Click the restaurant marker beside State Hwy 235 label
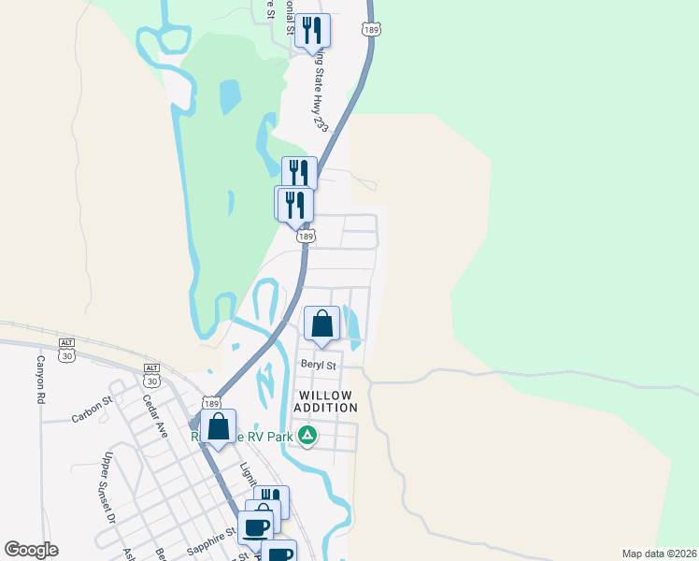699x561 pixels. click(313, 30)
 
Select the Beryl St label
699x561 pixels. click(317, 364)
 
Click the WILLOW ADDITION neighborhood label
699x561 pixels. click(325, 401)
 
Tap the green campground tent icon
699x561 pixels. click(307, 435)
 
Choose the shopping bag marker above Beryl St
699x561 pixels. click(321, 324)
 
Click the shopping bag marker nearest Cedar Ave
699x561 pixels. click(218, 427)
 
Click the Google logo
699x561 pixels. click(31, 550)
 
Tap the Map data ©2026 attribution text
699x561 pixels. click(659, 554)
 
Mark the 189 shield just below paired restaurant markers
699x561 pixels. click(306, 237)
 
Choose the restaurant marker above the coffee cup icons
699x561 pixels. click(271, 500)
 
